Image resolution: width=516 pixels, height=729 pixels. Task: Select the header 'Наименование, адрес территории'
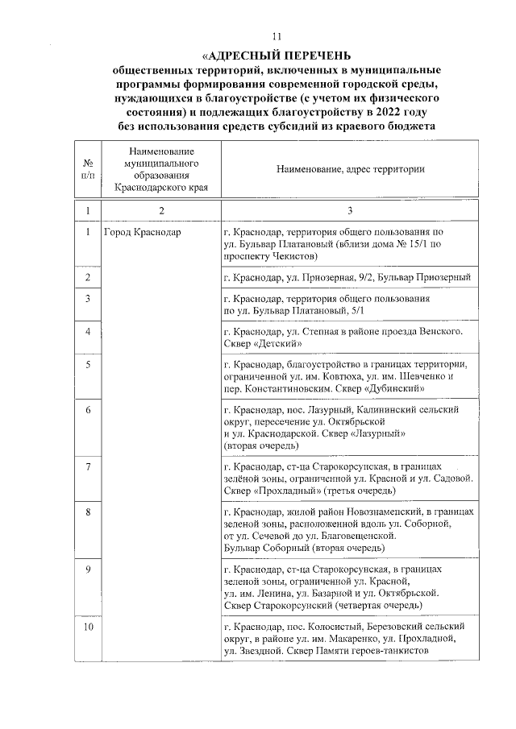pyautogui.click(x=350, y=169)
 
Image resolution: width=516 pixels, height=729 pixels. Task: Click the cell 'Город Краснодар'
pyautogui.click(x=143, y=233)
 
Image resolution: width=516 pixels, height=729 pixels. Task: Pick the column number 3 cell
pyautogui.click(x=350, y=210)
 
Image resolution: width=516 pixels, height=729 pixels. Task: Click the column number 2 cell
pyautogui.click(x=161, y=210)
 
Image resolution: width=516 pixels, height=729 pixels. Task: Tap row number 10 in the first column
pyautogui.click(x=87, y=626)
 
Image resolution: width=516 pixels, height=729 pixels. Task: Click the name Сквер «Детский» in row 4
pyautogui.click(x=262, y=344)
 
